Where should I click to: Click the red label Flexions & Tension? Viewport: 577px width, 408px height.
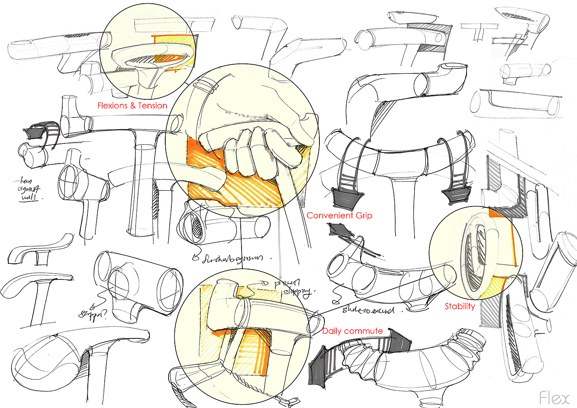132,106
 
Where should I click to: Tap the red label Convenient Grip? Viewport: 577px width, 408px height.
339,216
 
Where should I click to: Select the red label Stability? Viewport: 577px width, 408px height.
460,306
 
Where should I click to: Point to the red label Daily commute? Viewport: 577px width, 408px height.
352,331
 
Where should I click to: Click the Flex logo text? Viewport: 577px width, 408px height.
554,398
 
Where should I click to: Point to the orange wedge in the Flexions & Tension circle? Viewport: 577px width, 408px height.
169,58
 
